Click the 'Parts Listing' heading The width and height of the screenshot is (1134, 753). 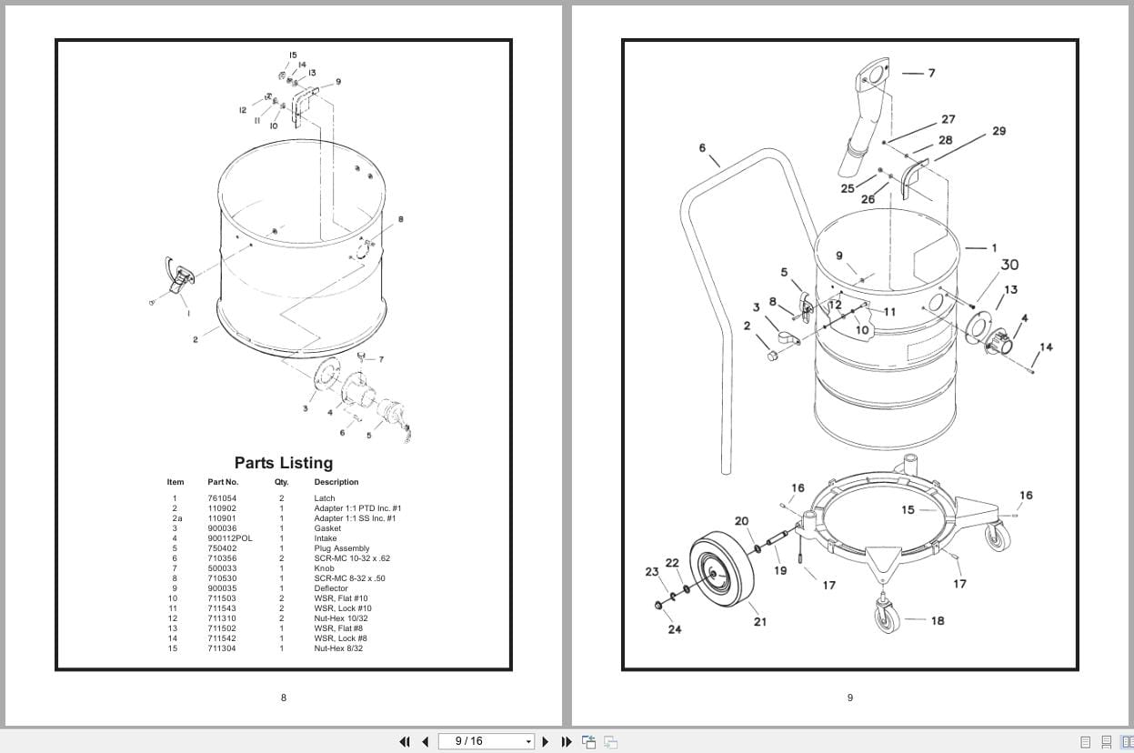coord(284,463)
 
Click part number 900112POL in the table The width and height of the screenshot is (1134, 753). coord(230,538)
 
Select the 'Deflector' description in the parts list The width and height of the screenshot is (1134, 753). coord(331,588)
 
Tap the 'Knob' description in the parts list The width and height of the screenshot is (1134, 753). coord(325,568)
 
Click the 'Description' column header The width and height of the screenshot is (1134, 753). coord(336,482)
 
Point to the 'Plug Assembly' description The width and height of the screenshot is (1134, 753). coord(342,548)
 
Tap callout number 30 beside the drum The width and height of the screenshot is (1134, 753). coord(1009,265)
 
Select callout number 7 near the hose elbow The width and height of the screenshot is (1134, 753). coord(931,73)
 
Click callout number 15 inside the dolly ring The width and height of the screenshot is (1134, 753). coord(908,509)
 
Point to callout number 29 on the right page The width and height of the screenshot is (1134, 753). coord(999,131)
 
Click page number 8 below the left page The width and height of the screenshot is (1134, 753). coord(284,698)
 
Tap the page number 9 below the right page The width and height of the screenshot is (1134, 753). coord(850,698)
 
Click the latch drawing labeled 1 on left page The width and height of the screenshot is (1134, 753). coord(176,276)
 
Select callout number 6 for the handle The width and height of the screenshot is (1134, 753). coord(702,148)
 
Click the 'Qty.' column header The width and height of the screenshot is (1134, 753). coord(281,482)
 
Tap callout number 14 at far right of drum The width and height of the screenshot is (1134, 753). coord(1046,346)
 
